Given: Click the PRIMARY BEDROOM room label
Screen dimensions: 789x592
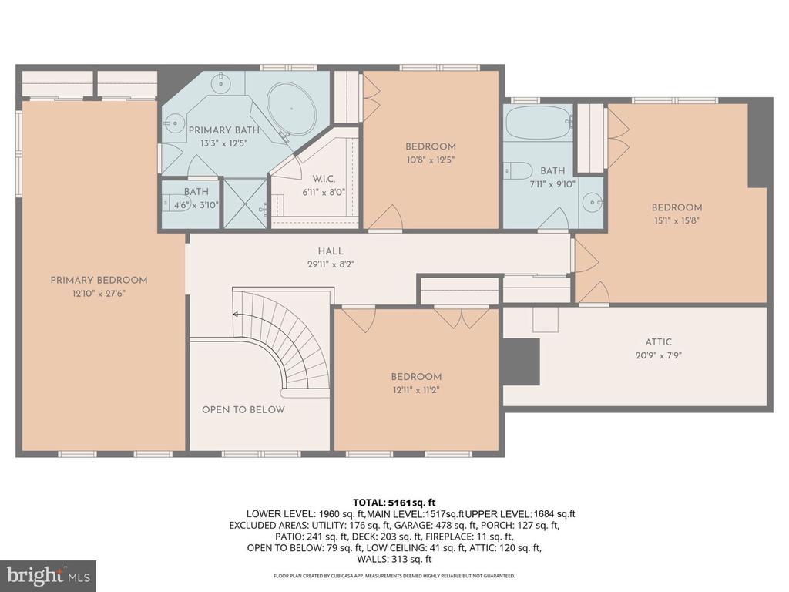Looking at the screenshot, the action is [99, 281].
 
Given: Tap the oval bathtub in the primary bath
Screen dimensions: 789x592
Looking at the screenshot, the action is [291, 109].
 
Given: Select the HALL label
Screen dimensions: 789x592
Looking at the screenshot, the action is [331, 251].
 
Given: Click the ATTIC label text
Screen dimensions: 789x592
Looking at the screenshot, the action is [658, 341].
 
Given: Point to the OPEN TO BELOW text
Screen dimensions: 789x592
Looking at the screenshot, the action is [243, 410].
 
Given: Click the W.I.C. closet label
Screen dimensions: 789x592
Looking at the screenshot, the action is [324, 179].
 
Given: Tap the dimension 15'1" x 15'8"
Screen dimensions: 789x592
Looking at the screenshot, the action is [677, 220].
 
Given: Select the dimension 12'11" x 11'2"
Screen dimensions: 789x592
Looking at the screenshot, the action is [416, 389].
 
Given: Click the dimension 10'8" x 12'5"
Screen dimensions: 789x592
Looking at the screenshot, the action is [430, 160].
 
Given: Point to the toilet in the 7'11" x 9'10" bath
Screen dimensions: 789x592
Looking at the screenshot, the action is [518, 170].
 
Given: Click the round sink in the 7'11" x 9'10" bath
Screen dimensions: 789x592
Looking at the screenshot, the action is [593, 203].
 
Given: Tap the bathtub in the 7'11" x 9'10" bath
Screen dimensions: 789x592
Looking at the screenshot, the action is [539, 122].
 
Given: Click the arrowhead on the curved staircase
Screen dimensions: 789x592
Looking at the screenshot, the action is [235, 314].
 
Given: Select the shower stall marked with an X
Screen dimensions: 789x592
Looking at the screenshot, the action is [244, 203].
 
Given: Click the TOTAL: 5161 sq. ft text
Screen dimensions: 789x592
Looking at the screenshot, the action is [394, 502].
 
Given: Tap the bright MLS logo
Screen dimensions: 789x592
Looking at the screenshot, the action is [48, 574].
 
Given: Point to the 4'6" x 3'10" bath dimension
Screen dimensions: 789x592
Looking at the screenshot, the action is [196, 205].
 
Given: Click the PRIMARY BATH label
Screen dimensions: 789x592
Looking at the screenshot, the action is [224, 129].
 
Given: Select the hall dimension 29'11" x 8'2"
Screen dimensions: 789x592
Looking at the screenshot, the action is [331, 264].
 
